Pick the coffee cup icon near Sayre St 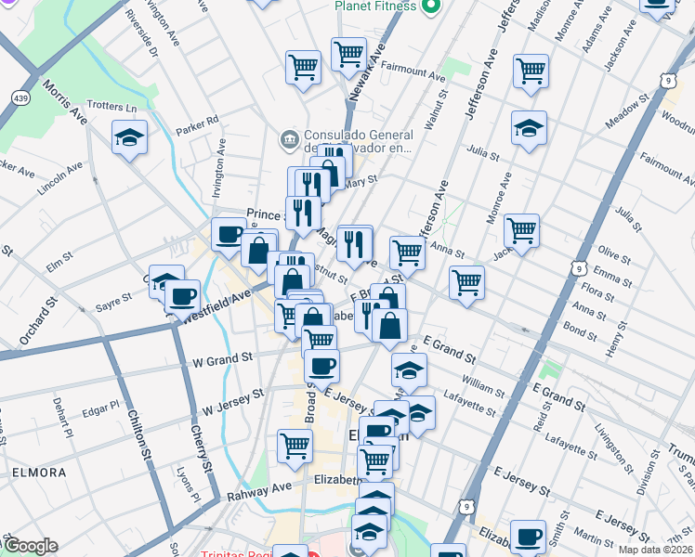[183, 296]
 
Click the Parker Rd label [202, 121]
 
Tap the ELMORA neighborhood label [39, 473]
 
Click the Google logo [31, 546]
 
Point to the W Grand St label [222, 357]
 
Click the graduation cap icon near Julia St [529, 128]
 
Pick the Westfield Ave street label [217, 305]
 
